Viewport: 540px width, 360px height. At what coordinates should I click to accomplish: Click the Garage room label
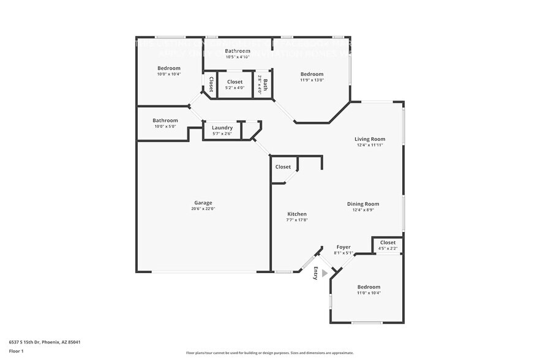(203, 203)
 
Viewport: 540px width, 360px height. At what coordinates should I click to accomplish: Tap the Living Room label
(370, 139)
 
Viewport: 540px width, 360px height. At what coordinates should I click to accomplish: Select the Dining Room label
(363, 204)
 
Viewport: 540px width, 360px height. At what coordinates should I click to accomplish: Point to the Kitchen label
(297, 214)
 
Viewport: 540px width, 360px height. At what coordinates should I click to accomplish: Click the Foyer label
(343, 247)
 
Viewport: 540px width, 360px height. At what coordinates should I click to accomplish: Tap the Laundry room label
(222, 127)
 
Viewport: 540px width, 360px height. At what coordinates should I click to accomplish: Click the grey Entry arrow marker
(325, 274)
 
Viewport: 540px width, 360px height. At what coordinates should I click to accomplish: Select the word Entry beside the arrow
(316, 274)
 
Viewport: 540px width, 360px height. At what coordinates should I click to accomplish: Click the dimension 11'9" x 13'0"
(312, 80)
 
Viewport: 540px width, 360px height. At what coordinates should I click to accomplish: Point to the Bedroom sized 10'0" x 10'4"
(169, 68)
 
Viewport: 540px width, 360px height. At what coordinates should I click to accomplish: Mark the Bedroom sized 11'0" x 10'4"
(369, 287)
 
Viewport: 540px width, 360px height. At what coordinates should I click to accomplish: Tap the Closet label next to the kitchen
(283, 167)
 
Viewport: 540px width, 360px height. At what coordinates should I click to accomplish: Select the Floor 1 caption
(17, 351)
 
